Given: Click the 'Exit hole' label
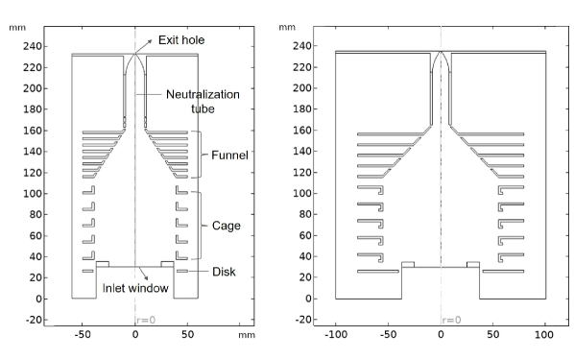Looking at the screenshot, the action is point(181,40).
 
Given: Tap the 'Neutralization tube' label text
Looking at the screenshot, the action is point(203,102).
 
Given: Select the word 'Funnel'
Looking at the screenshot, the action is point(229,155).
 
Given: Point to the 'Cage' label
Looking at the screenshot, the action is point(227,226).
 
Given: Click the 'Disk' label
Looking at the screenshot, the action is point(224,272).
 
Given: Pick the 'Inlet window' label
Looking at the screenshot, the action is point(135,288).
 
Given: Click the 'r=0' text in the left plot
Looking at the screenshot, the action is point(146,320).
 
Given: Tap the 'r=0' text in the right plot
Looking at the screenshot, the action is point(451,320).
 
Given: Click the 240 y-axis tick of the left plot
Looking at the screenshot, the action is point(33,46).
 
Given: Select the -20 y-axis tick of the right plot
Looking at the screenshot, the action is point(302,320).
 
